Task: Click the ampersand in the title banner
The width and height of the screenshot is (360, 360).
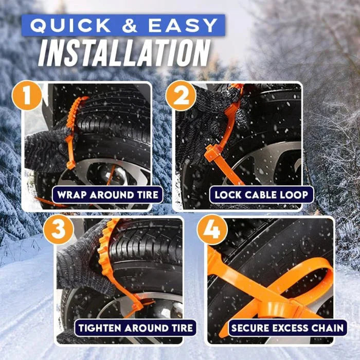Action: tap(136, 26)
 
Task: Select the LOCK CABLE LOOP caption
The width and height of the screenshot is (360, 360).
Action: tap(261, 194)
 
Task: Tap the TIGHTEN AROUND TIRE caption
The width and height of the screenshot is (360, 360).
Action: tap(136, 328)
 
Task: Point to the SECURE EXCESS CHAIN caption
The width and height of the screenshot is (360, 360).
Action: tap(287, 328)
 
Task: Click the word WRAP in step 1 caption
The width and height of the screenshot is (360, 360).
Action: tap(71, 194)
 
